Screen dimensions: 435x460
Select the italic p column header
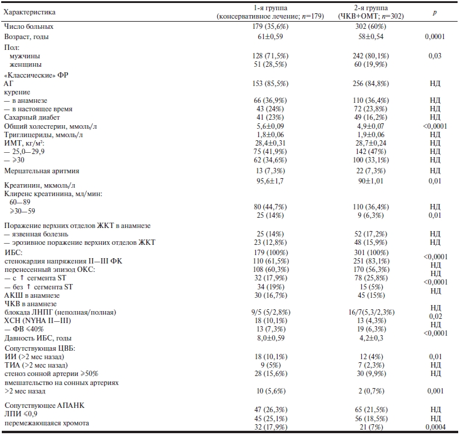[x=435, y=12]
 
